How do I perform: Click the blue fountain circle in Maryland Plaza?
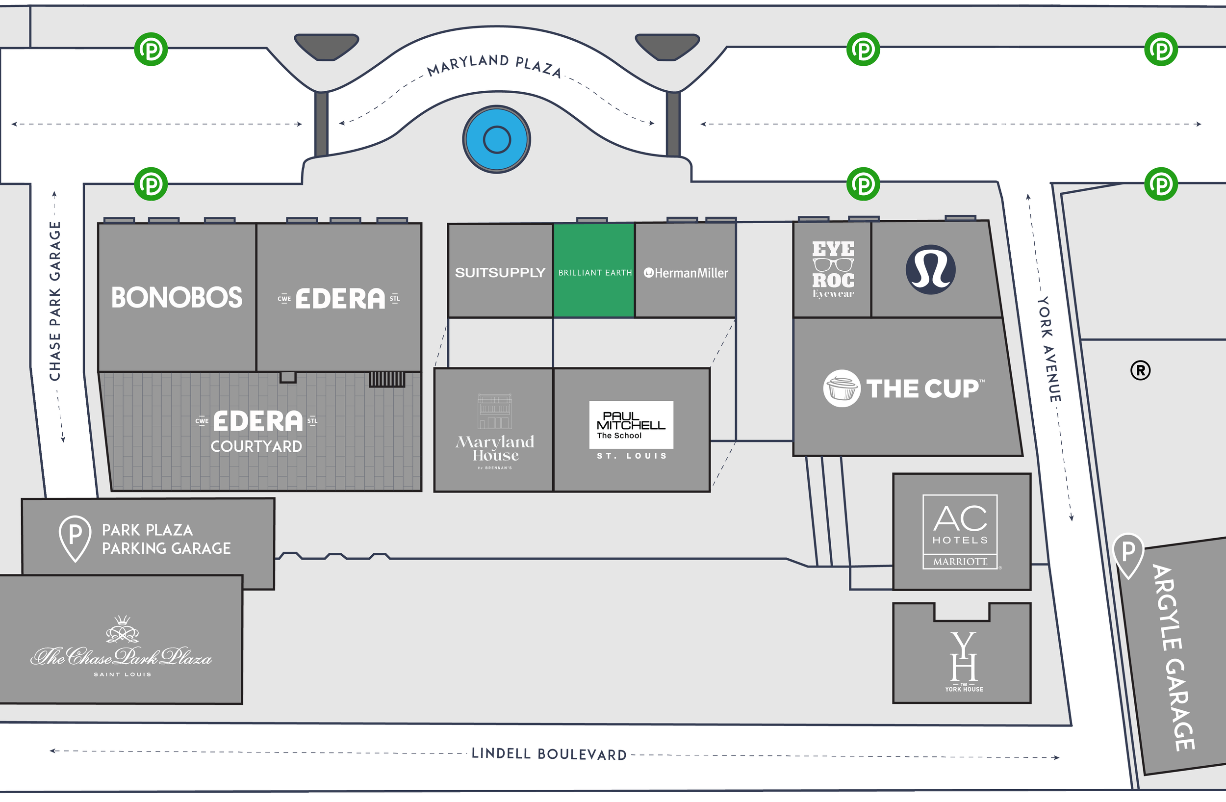click(x=497, y=139)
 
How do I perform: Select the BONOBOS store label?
click(x=177, y=298)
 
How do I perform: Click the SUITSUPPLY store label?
click(x=500, y=273)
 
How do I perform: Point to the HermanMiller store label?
click(x=686, y=273)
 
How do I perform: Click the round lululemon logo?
click(x=930, y=269)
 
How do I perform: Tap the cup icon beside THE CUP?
click(x=841, y=388)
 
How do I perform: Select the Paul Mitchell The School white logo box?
click(x=631, y=424)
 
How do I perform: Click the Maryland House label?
click(x=494, y=448)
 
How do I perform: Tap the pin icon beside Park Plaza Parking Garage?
click(x=75, y=537)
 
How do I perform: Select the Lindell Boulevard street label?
click(x=549, y=754)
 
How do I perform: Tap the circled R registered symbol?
click(x=1140, y=370)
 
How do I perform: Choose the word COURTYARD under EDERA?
click(x=256, y=446)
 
